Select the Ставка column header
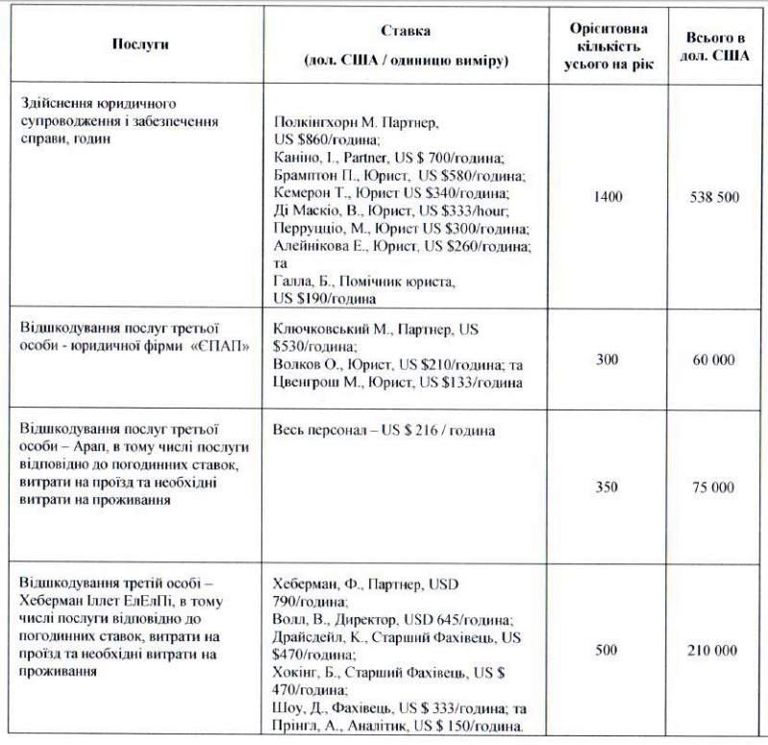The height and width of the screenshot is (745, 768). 405,32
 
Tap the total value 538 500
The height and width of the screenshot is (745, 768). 714,197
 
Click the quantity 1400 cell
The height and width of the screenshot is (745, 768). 607,197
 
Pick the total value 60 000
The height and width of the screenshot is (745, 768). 714,360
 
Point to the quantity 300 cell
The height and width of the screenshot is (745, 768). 607,360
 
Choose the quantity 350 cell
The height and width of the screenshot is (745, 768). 607,487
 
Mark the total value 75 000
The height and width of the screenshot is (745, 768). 714,487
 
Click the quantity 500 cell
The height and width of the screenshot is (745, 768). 607,651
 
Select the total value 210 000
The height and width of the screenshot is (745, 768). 714,651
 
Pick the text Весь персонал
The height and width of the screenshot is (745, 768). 318,431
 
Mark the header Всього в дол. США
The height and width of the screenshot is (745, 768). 714,44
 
